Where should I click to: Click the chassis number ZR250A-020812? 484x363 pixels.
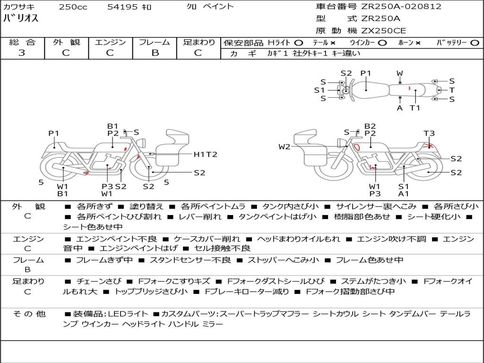pos(401,7)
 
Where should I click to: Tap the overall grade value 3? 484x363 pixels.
pos(22,53)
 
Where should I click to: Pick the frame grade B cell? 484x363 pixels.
pos(155,53)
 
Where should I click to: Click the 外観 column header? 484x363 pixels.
pos(66,43)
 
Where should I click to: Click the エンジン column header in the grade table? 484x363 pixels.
pos(110,43)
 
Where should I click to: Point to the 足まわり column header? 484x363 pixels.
pos(199,43)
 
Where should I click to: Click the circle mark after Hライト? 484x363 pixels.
pos(298,43)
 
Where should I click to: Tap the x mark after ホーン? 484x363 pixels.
pos(418,43)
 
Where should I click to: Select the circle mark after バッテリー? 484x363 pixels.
pos(475,43)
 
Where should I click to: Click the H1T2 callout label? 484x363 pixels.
pos(206,155)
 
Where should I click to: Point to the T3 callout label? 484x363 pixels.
pos(429,134)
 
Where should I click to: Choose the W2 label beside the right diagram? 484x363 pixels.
pos(285,147)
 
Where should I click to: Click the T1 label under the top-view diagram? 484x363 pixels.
pos(415,108)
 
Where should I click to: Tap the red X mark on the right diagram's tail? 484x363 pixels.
pos(430,146)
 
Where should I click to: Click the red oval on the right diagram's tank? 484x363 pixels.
pos(358,146)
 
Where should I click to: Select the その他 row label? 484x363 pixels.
pos(29,314)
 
